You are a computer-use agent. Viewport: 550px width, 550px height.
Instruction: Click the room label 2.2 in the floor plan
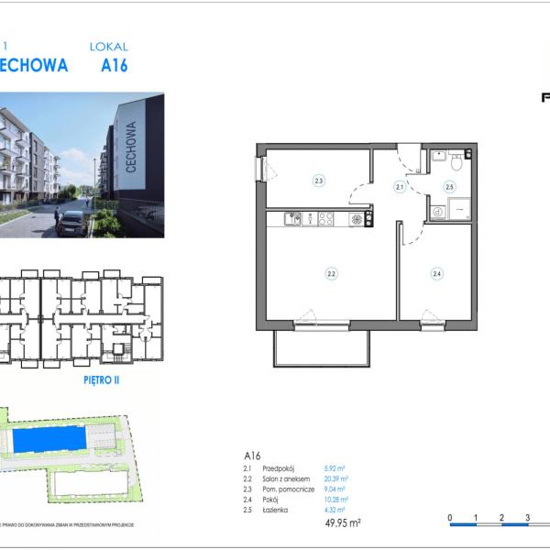pos(331,272)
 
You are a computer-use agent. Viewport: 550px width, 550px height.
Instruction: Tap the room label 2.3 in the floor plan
pos(318,181)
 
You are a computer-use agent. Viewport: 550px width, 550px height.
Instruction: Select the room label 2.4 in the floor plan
pos(437,272)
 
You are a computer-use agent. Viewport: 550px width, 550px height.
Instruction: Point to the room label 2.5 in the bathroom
pos(449,186)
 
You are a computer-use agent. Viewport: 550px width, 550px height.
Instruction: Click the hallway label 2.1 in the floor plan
pos(400,186)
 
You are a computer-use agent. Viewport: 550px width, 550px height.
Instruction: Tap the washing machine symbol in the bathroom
pos(437,210)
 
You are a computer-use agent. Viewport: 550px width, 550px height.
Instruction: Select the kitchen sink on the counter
pos(294,219)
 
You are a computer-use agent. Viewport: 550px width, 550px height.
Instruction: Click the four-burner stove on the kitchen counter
pos(355,219)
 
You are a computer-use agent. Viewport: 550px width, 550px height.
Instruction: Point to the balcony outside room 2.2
pos(321,348)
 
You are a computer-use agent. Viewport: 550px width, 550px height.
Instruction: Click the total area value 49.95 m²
pos(342,522)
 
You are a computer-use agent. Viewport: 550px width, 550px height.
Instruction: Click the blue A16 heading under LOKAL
pos(114,65)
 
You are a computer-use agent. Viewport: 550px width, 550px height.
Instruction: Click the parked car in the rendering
pos(71,223)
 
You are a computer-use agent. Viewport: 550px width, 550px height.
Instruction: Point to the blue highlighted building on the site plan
pos(51,441)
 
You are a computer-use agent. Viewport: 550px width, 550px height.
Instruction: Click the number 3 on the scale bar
pos(528,518)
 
